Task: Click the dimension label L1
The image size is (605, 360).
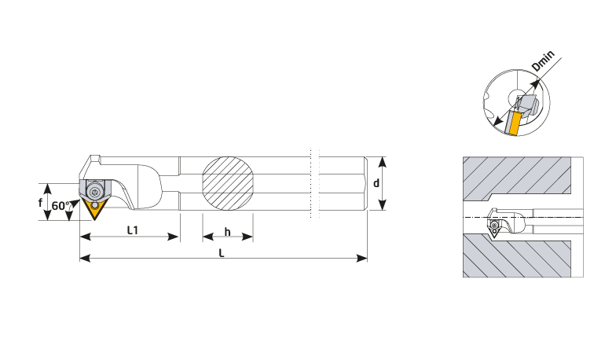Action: click(x=133, y=230)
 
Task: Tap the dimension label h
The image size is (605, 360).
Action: click(x=228, y=232)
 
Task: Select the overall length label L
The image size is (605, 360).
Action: click(x=222, y=253)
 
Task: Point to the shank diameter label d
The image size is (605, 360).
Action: click(x=376, y=183)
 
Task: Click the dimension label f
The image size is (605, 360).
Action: click(x=41, y=203)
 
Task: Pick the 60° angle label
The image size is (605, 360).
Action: click(x=60, y=206)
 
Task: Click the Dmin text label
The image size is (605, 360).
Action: click(x=543, y=61)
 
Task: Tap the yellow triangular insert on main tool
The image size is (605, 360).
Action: click(x=93, y=209)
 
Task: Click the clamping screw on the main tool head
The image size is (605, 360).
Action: click(x=94, y=192)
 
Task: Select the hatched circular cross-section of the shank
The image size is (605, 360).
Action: click(x=228, y=183)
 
